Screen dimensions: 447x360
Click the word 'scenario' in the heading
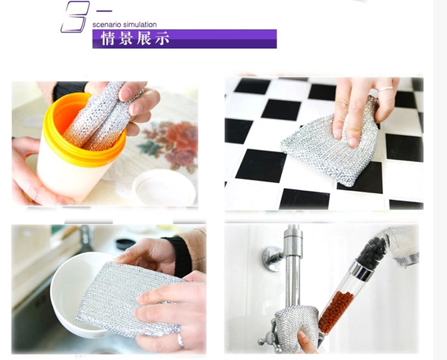click(103, 25)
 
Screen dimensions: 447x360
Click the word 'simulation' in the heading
click(136, 25)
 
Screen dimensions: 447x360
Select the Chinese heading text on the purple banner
click(136, 39)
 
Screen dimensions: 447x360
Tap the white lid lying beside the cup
click(164, 187)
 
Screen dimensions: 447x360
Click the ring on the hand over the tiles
click(385, 89)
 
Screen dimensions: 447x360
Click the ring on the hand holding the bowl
click(180, 340)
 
